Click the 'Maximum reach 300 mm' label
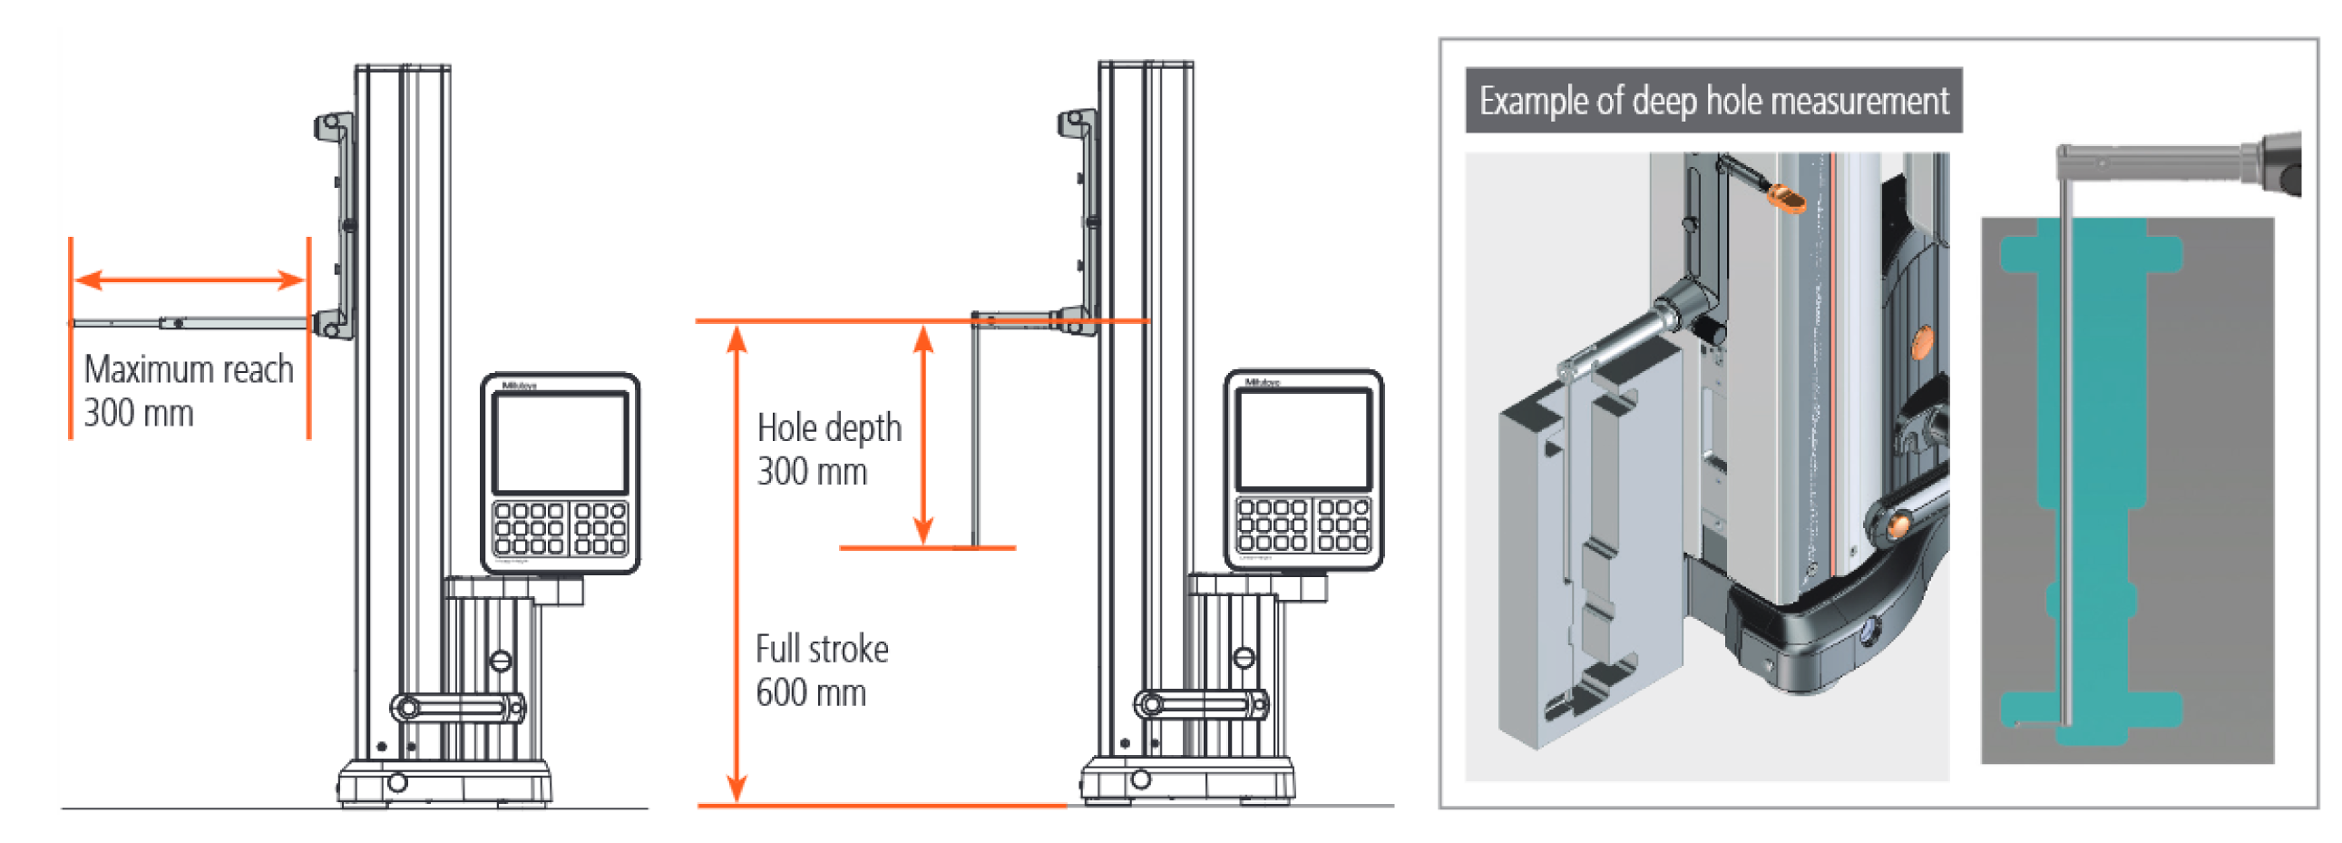(x=188, y=390)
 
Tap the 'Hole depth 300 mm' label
(x=828, y=449)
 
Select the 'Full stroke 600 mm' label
(x=821, y=671)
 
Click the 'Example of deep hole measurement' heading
(x=1713, y=101)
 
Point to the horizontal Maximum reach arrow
(x=189, y=279)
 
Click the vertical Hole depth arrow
(x=923, y=435)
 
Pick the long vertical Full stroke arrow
(x=737, y=564)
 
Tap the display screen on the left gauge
(x=560, y=442)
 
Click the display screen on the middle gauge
(x=1303, y=439)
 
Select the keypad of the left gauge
(x=560, y=527)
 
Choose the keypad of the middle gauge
(x=1303, y=524)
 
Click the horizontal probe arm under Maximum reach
(x=190, y=323)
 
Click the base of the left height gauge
(x=444, y=782)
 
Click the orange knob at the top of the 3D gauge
(x=1786, y=198)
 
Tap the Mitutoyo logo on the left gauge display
(x=520, y=386)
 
